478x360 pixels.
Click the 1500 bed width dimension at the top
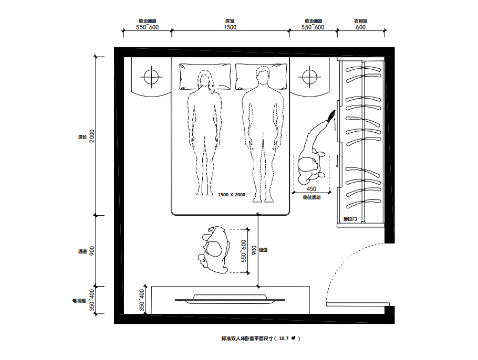click(230, 27)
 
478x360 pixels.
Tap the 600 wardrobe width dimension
click(360, 27)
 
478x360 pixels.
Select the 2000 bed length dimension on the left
click(92, 136)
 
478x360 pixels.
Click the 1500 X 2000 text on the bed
click(232, 195)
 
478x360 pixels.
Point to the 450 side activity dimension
click(311, 189)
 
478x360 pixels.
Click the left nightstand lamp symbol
click(151, 77)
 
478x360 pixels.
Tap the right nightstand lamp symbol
click(310, 77)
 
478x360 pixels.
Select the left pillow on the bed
click(205, 77)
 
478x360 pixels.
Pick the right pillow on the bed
click(261, 77)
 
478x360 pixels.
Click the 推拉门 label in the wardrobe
click(350, 219)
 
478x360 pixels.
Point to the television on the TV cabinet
click(230, 299)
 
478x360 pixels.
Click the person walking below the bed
click(213, 250)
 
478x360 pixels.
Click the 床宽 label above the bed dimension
click(230, 21)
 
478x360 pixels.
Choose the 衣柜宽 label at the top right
click(361, 21)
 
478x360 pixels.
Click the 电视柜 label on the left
click(79, 301)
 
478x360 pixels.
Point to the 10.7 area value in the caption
click(284, 338)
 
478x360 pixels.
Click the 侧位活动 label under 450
click(311, 197)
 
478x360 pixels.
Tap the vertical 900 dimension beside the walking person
click(254, 250)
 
